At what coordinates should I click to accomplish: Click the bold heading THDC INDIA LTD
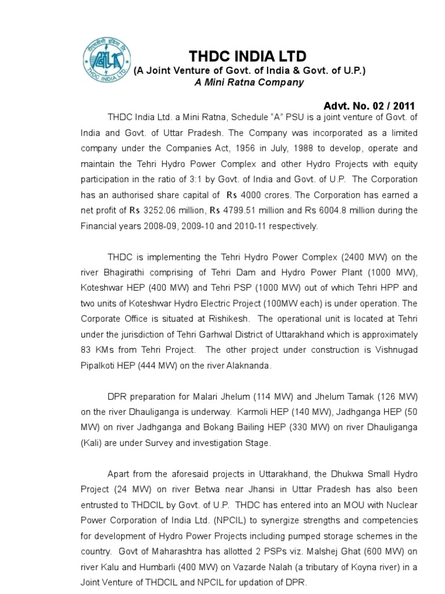click(247, 56)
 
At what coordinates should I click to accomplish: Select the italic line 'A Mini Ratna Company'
click(249, 82)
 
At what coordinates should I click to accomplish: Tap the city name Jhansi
click(254, 490)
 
